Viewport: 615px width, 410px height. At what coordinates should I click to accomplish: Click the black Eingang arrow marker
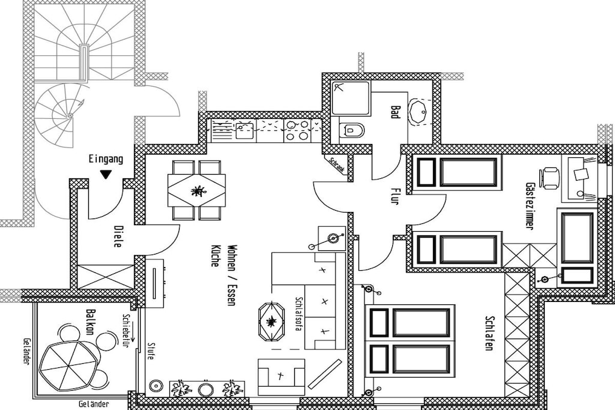point(105,175)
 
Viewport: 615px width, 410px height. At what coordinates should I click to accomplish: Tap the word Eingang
point(106,159)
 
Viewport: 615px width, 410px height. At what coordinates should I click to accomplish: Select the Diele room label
point(117,236)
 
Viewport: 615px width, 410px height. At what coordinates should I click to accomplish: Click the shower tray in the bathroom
point(351,98)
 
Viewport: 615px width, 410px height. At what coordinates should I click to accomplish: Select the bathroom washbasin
point(419,111)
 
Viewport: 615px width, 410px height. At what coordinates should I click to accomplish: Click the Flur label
point(395,196)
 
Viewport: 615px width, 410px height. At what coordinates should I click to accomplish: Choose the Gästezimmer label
point(530,206)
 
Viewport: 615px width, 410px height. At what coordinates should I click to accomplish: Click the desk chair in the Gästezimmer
point(549,178)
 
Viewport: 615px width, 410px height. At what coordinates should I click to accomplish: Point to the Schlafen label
point(489,333)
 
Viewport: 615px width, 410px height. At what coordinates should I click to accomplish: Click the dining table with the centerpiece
point(196,190)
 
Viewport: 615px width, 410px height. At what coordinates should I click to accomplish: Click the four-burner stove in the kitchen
point(297,131)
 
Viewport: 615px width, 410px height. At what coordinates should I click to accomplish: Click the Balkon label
point(90,322)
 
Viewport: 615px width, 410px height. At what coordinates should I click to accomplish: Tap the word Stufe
point(151,352)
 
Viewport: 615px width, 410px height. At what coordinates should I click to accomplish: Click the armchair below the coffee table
point(281,377)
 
